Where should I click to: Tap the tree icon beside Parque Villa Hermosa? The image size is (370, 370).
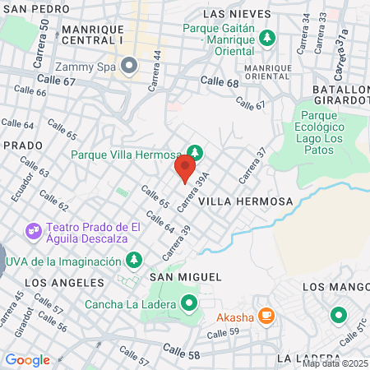(195, 153)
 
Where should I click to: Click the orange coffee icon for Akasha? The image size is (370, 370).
(266, 315)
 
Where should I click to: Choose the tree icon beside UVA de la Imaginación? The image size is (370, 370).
(133, 261)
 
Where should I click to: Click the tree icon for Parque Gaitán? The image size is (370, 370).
(266, 38)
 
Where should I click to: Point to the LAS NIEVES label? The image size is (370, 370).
(237, 14)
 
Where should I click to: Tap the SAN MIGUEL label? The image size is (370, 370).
(185, 278)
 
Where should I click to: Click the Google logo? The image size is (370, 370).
(27, 359)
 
